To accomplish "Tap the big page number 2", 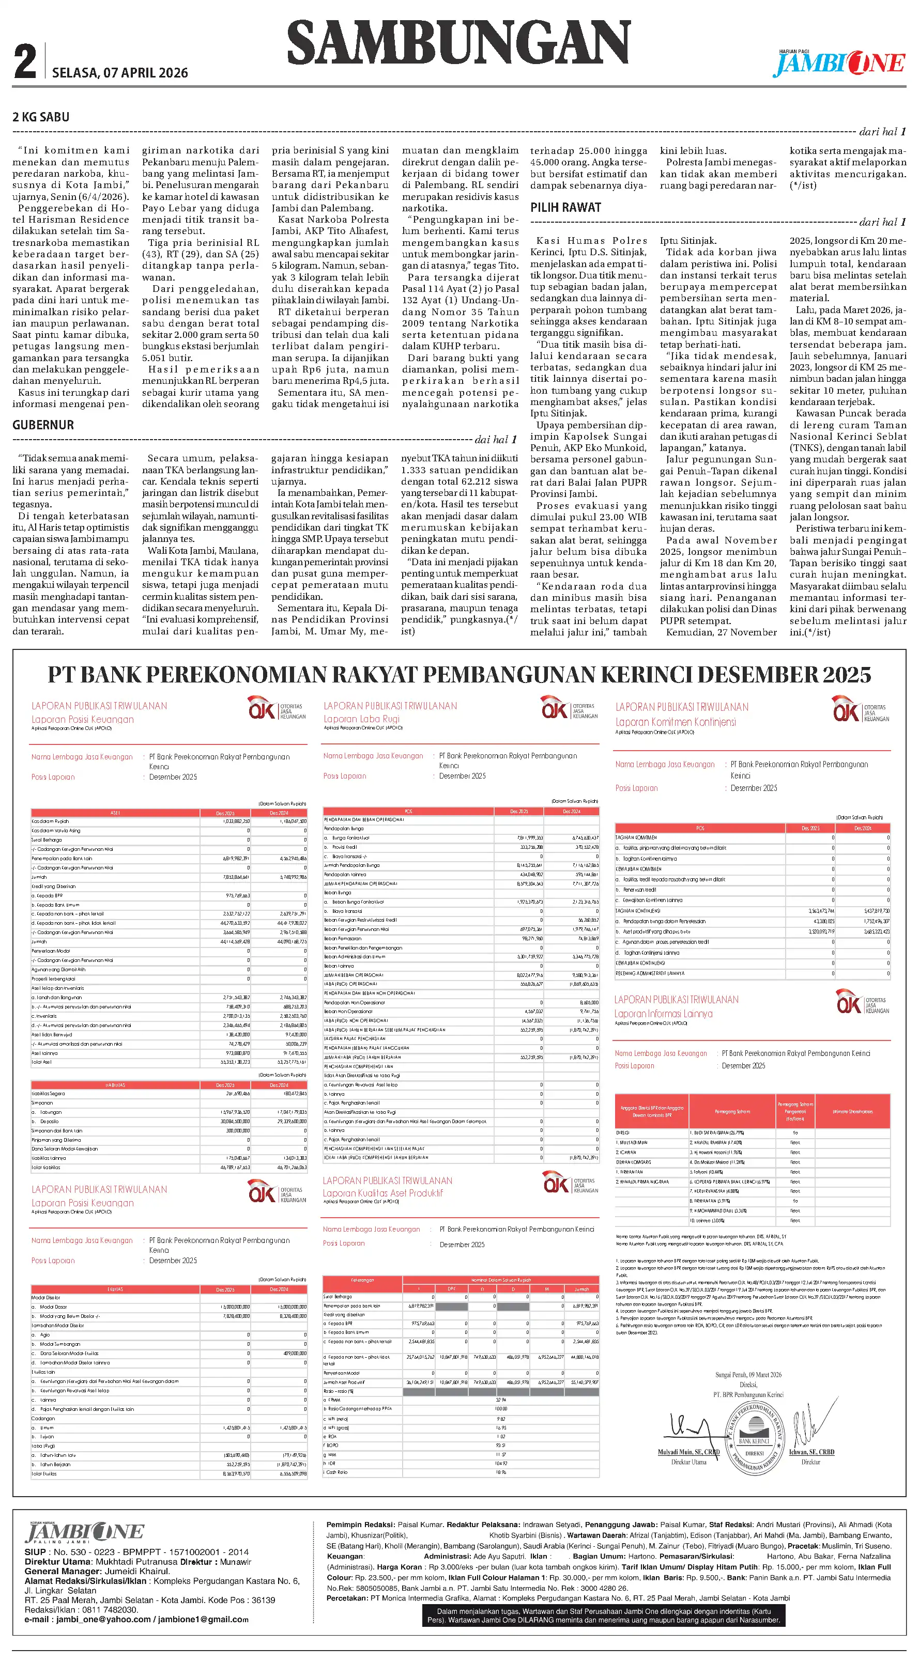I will tap(25, 63).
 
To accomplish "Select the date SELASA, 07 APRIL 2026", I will tap(120, 73).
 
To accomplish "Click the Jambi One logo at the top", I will tap(839, 63).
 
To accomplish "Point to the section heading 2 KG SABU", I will tap(41, 117).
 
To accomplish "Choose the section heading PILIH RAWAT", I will tap(566, 207).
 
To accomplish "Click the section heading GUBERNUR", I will tap(43, 425).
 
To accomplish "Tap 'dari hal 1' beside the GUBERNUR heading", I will tap(495, 440).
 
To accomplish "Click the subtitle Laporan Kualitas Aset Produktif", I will tap(383, 1193).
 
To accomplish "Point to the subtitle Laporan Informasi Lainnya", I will tap(663, 1014).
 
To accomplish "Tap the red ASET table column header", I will tap(115, 813).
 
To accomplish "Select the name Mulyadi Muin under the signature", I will tap(688, 1452).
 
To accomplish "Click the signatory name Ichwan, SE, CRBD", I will tap(811, 1452).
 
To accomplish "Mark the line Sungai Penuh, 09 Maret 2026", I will tap(748, 1374).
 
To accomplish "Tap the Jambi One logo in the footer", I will tap(84, 1532).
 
